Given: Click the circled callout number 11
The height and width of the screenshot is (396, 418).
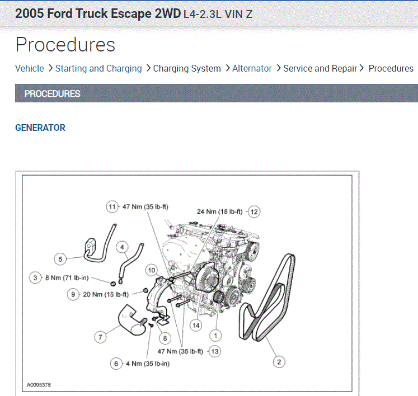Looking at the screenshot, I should (112, 206).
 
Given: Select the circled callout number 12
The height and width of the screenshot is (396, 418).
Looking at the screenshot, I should (254, 211).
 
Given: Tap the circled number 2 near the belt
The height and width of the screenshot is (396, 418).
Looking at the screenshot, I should (278, 361).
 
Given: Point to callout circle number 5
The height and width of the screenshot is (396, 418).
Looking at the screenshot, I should (60, 258).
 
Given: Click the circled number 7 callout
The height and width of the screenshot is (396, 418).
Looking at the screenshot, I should (100, 337).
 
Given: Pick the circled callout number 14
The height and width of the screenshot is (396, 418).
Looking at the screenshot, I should (195, 325).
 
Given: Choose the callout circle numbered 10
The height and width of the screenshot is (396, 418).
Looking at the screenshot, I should (151, 270).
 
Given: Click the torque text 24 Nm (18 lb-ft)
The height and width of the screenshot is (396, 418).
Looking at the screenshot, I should (219, 211).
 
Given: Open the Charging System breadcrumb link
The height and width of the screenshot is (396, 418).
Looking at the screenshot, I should (187, 68).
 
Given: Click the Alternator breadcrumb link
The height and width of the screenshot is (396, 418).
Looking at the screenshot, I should (252, 68).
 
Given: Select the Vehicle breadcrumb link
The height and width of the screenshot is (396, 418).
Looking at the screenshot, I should (29, 68).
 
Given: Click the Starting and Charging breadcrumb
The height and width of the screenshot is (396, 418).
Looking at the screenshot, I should (98, 68).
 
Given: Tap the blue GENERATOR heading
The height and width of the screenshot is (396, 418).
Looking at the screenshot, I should (40, 128).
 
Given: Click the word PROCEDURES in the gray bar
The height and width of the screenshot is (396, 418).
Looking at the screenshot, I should (52, 93).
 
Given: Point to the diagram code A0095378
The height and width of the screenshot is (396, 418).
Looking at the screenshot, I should (39, 385).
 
